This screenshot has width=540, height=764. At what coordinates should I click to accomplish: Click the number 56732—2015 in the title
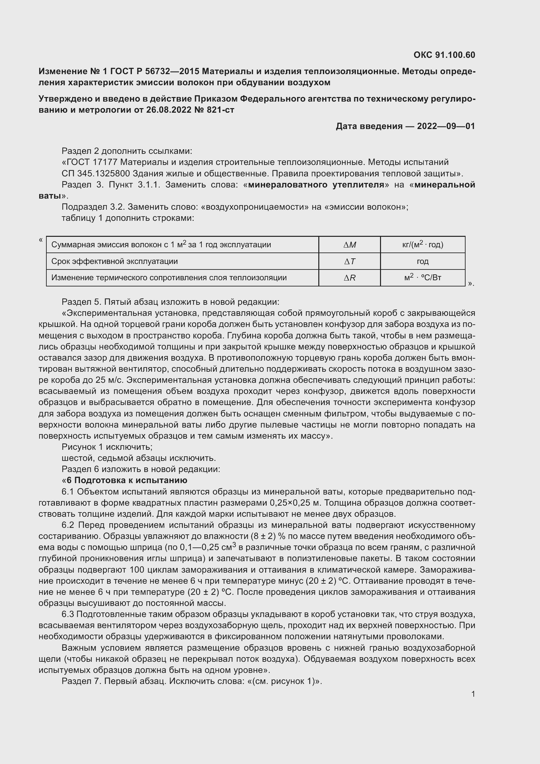coord(169,71)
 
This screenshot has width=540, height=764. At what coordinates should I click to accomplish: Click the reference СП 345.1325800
coord(95,174)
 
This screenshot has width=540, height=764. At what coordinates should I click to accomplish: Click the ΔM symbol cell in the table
coord(349,245)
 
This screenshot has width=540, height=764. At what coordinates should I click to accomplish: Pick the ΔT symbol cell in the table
coord(349,262)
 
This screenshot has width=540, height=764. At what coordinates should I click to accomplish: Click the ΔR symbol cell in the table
coord(349,278)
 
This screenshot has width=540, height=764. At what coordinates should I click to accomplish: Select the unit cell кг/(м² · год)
coord(422,245)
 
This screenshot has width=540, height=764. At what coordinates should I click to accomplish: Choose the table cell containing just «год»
coord(422,262)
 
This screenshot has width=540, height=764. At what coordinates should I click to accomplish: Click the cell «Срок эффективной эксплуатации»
coord(114,262)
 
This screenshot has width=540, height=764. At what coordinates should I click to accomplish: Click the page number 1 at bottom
coord(473,694)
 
